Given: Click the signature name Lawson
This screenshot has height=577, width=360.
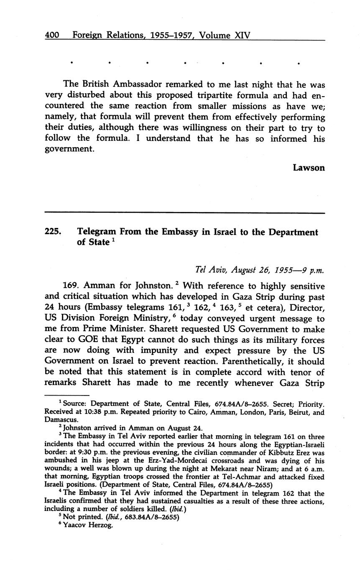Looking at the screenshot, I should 309,168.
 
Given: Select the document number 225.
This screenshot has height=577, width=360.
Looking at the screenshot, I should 53,232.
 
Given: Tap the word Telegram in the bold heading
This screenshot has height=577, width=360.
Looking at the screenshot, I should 97,232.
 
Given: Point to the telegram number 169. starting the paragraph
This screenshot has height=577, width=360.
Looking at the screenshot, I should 71,286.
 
